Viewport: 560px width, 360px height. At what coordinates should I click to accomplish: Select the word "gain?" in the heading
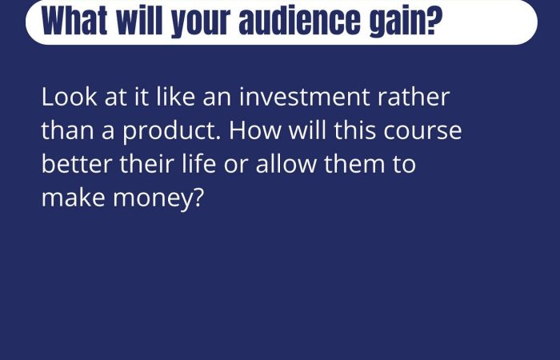coord(406,22)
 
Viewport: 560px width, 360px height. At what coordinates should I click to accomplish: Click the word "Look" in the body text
coord(70,97)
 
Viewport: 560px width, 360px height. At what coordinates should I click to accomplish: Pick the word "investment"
coord(304,97)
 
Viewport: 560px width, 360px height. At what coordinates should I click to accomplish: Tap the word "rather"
coord(414,97)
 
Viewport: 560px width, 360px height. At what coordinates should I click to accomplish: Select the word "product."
coord(172,131)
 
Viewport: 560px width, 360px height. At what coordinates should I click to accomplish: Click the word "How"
coord(255,130)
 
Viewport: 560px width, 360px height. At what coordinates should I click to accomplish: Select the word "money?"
coord(158,199)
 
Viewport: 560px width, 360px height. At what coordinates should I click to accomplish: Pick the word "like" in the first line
coord(176,97)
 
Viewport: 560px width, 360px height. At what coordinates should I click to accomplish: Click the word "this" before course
coord(355,130)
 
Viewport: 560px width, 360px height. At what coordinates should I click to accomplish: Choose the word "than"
coord(68,130)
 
